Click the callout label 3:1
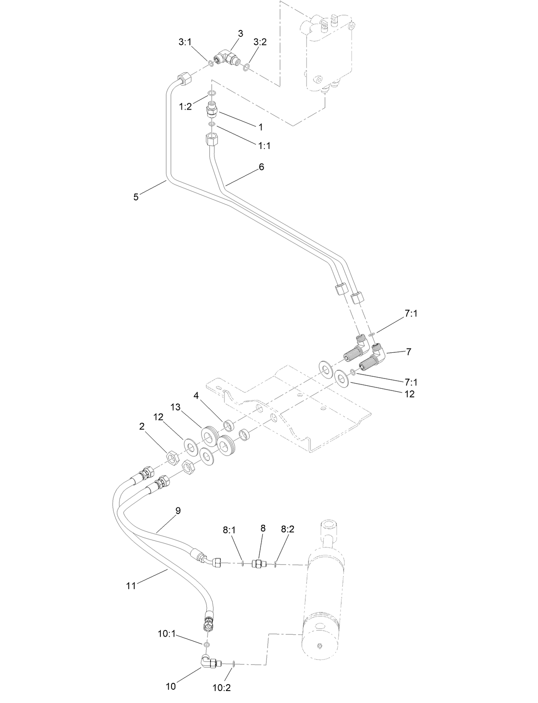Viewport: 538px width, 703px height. click(x=185, y=42)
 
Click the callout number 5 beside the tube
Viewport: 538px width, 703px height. click(x=136, y=197)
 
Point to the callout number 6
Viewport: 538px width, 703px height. click(x=261, y=167)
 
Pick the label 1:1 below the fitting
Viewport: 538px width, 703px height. click(x=264, y=146)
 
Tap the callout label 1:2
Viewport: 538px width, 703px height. click(x=185, y=107)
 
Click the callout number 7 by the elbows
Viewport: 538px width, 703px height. click(x=409, y=351)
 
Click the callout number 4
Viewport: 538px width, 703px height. click(x=196, y=396)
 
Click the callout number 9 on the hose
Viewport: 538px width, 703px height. click(x=178, y=510)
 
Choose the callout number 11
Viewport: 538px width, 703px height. click(x=131, y=586)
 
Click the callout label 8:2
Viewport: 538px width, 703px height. click(x=288, y=529)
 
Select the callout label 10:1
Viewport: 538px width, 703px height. click(x=166, y=634)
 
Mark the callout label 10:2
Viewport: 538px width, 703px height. click(x=222, y=688)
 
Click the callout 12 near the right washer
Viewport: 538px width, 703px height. click(x=410, y=394)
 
